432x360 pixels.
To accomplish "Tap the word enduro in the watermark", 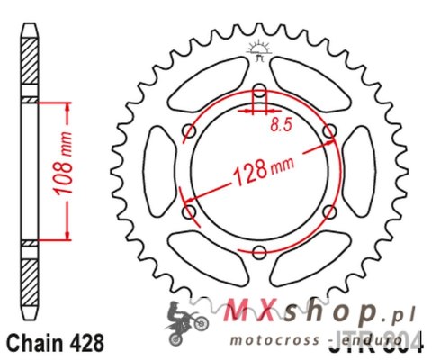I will (364, 341).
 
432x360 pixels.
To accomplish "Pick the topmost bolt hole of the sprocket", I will (260, 90).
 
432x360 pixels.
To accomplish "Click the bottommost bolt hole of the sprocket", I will (260, 253).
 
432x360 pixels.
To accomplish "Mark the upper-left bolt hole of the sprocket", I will (189, 131).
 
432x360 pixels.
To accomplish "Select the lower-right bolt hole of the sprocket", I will (330, 212).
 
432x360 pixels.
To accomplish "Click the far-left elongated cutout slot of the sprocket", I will (157, 171).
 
